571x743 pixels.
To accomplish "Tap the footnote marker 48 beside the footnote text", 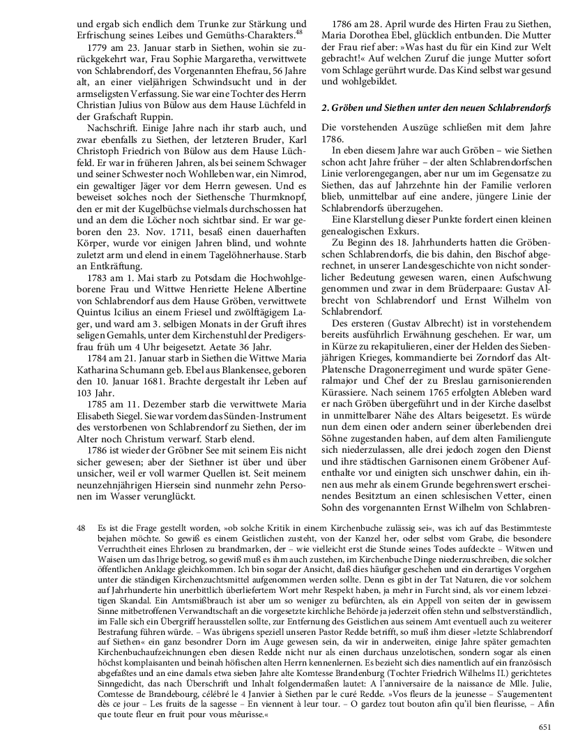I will (x=82, y=529).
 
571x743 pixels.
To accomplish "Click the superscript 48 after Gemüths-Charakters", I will (x=299, y=31).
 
